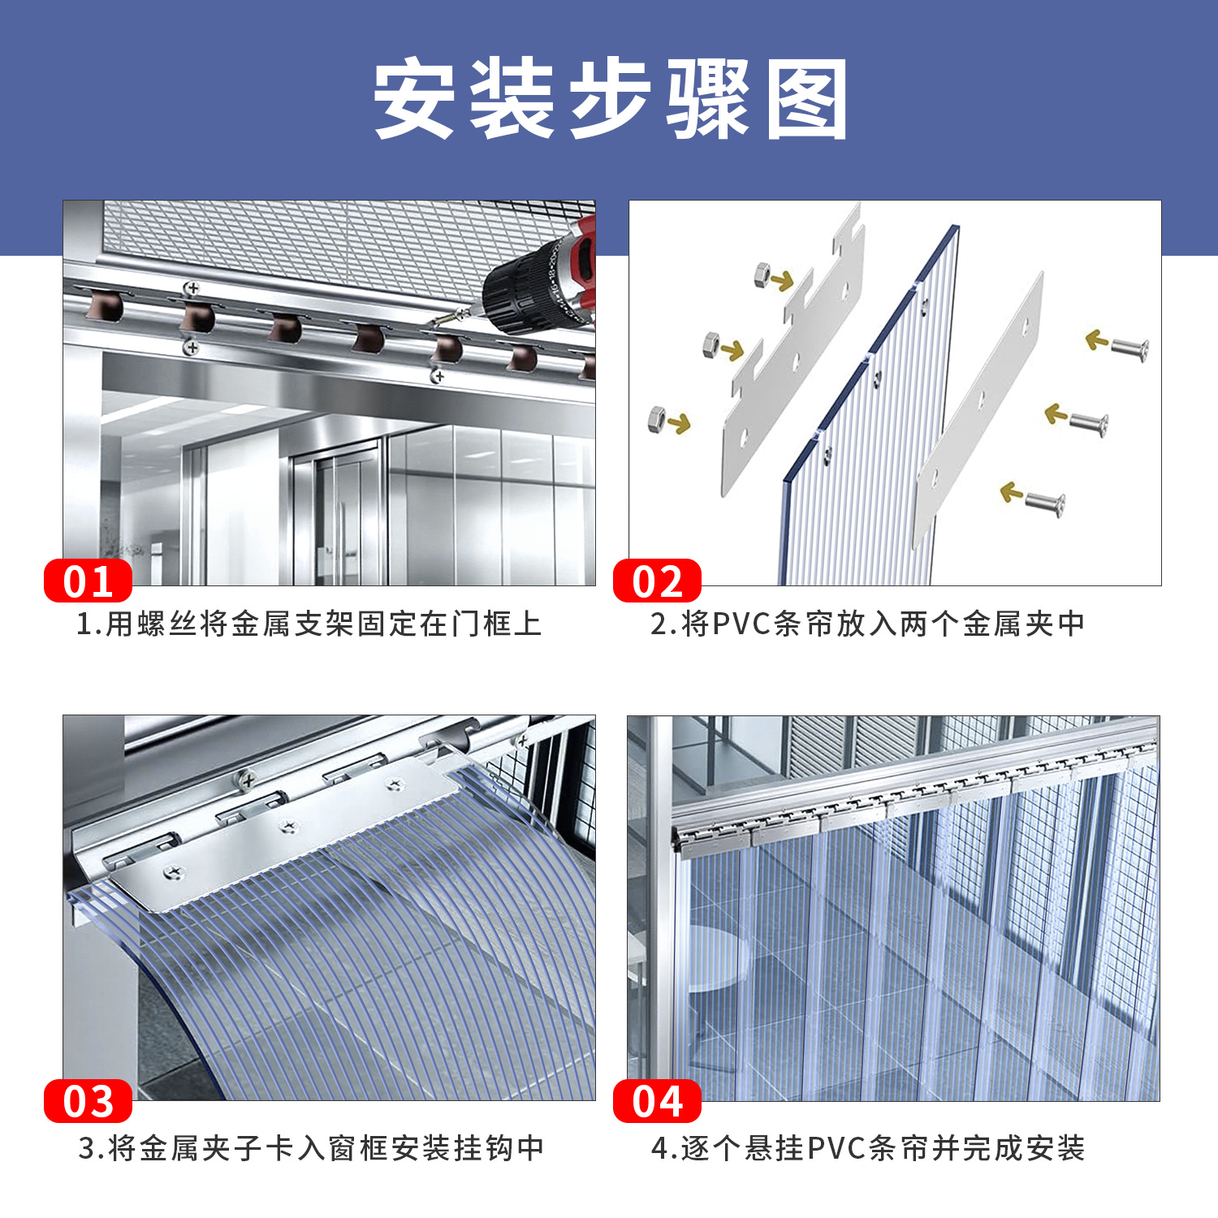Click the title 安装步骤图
pos(610,99)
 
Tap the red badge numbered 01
pos(88,581)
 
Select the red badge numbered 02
pos(657,581)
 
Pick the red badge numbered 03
pos(88,1101)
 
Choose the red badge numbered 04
pos(657,1101)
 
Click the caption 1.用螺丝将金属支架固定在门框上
pos(309,624)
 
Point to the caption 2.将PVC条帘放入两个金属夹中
pos(867,624)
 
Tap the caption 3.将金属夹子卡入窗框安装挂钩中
pos(311,1148)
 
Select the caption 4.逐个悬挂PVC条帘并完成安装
pos(867,1148)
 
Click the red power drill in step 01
pos(540,280)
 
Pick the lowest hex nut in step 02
pos(657,419)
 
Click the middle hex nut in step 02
pos(712,344)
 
